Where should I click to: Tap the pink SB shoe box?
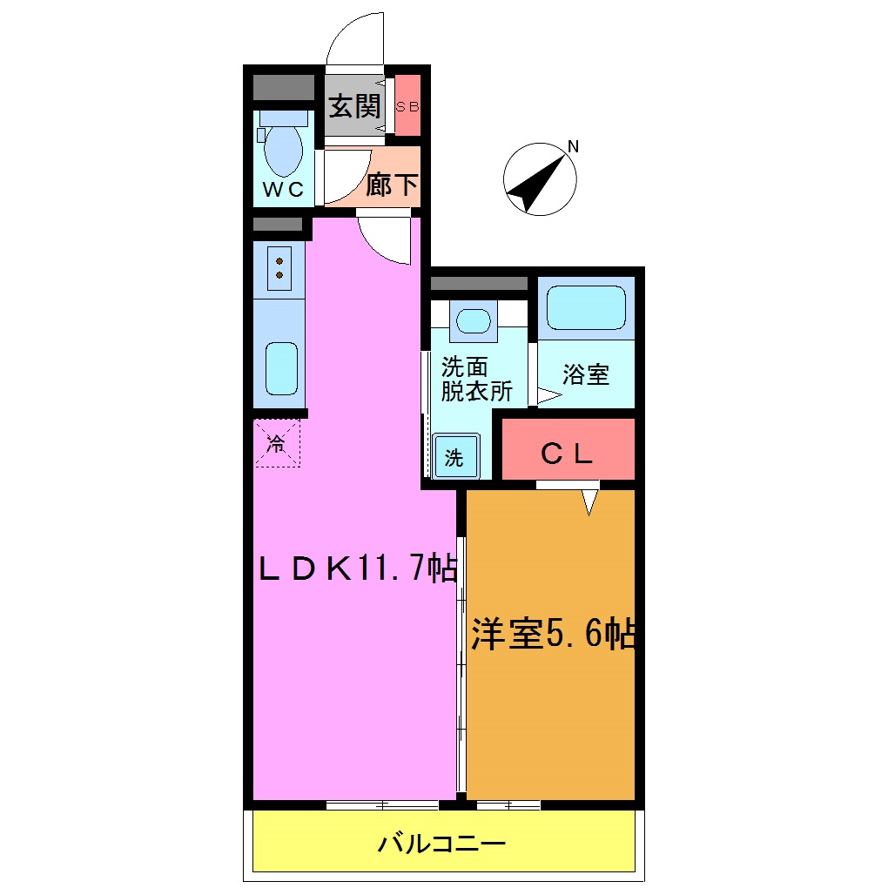pyautogui.click(x=407, y=107)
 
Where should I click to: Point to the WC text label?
pyautogui.click(x=284, y=190)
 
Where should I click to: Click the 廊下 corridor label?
pyautogui.click(x=391, y=185)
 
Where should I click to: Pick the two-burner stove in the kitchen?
pyautogui.click(x=279, y=267)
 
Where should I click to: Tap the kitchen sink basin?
pyautogui.click(x=281, y=367)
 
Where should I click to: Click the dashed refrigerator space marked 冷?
pyautogui.click(x=277, y=443)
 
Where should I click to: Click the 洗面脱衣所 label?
pyautogui.click(x=475, y=379)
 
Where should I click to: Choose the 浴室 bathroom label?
pyautogui.click(x=585, y=375)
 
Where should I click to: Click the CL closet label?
pyautogui.click(x=567, y=453)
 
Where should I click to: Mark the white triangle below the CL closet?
pyautogui.click(x=590, y=501)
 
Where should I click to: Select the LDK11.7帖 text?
pyautogui.click(x=356, y=569)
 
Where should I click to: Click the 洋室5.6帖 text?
pyautogui.click(x=552, y=635)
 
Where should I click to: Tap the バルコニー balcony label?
pyautogui.click(x=442, y=844)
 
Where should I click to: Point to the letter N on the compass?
pyautogui.click(x=573, y=145)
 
